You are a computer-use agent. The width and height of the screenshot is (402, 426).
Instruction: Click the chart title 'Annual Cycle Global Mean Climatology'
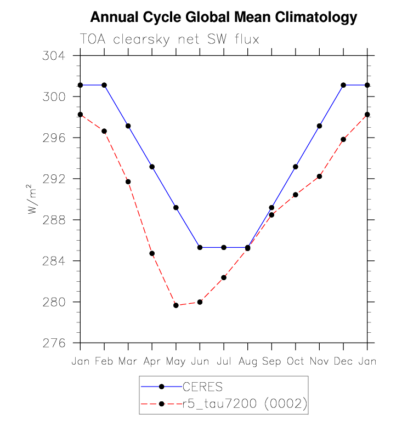pos(223,18)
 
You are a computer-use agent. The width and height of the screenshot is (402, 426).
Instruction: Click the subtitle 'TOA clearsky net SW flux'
pos(169,39)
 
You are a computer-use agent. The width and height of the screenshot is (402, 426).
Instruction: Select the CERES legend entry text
pos(202,388)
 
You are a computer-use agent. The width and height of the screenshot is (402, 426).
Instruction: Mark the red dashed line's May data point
pos(176,305)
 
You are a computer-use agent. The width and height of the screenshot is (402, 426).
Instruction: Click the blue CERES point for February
pos(104,85)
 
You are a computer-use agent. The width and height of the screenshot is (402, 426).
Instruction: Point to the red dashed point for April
pos(152,253)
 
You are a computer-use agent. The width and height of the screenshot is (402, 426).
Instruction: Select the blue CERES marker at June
pos(200,247)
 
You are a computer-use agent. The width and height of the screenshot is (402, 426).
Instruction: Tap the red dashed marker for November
pos(319,176)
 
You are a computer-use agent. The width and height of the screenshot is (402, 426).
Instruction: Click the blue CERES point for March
pos(128,126)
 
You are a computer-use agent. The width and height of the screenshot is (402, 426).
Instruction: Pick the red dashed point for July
pos(224,277)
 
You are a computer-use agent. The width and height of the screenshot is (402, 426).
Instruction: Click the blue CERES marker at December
pos(343,85)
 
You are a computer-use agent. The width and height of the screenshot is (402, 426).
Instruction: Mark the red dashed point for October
pos(296,195)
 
